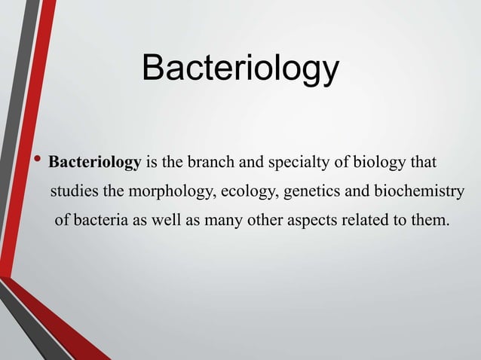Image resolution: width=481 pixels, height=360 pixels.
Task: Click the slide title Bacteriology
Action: tap(240, 70)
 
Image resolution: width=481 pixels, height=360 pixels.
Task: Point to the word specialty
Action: tap(285, 163)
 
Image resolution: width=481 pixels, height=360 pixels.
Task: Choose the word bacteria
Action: tap(98, 221)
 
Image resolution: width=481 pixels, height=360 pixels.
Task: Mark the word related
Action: tap(370, 221)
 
